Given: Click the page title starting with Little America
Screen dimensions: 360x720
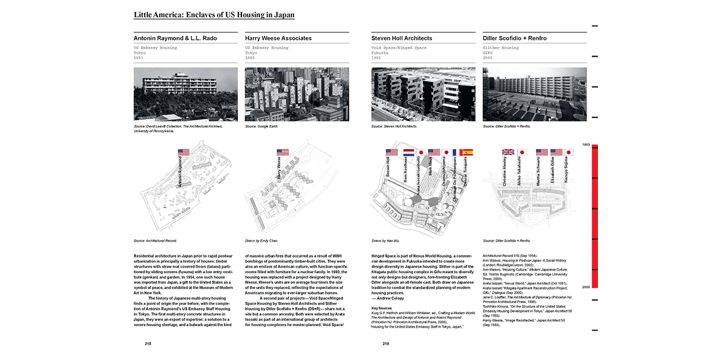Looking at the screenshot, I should [214, 15].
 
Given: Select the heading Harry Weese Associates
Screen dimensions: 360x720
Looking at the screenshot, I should [278, 38].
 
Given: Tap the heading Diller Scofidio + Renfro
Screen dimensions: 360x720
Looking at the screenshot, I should [514, 38].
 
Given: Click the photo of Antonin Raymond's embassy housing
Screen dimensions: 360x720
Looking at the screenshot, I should [186, 94].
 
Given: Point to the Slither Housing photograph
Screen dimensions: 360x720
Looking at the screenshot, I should [534, 94].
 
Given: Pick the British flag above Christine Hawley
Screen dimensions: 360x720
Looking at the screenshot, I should [508, 152].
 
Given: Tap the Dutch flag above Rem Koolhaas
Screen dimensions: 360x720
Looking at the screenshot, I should [408, 152].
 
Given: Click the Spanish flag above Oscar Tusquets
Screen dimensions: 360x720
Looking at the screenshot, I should [467, 152].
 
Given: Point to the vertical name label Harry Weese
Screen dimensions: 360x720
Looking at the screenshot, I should [279, 169].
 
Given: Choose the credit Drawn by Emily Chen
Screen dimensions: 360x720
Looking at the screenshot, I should [262, 240].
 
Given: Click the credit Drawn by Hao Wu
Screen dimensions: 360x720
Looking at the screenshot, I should [385, 240].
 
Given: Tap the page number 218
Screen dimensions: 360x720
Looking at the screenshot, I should [147, 344].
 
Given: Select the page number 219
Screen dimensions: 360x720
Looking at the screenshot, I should [386, 344].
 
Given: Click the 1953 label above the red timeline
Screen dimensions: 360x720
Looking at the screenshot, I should [586, 145].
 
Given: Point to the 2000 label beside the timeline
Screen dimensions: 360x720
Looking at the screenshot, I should [586, 287].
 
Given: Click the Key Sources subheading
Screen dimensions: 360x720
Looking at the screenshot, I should [381, 308].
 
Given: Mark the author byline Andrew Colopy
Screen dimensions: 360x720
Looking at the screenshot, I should [388, 298].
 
